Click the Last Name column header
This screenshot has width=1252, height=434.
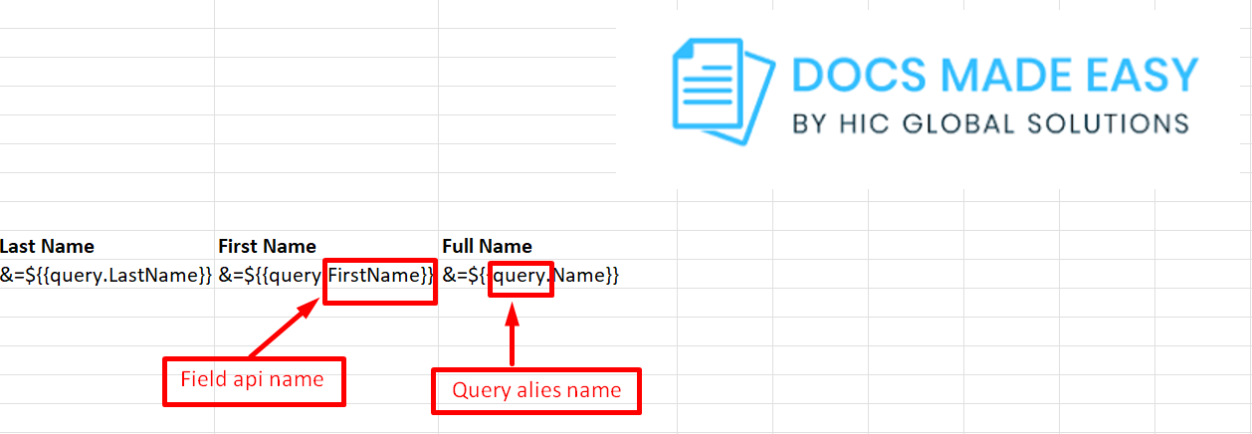coord(48,246)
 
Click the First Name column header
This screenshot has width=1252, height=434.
coord(267,246)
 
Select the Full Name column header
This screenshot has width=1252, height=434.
coord(487,246)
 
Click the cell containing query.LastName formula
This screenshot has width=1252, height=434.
coord(106,275)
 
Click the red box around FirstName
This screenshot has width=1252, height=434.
coord(380,275)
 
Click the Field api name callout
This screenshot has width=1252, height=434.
coord(253,381)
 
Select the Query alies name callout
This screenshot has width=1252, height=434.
coord(536,391)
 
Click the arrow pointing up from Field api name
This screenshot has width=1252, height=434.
coord(284,329)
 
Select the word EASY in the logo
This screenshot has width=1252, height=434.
coord(1137,78)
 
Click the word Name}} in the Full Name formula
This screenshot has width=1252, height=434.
coord(586,275)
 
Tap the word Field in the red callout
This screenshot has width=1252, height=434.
coord(202,380)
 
